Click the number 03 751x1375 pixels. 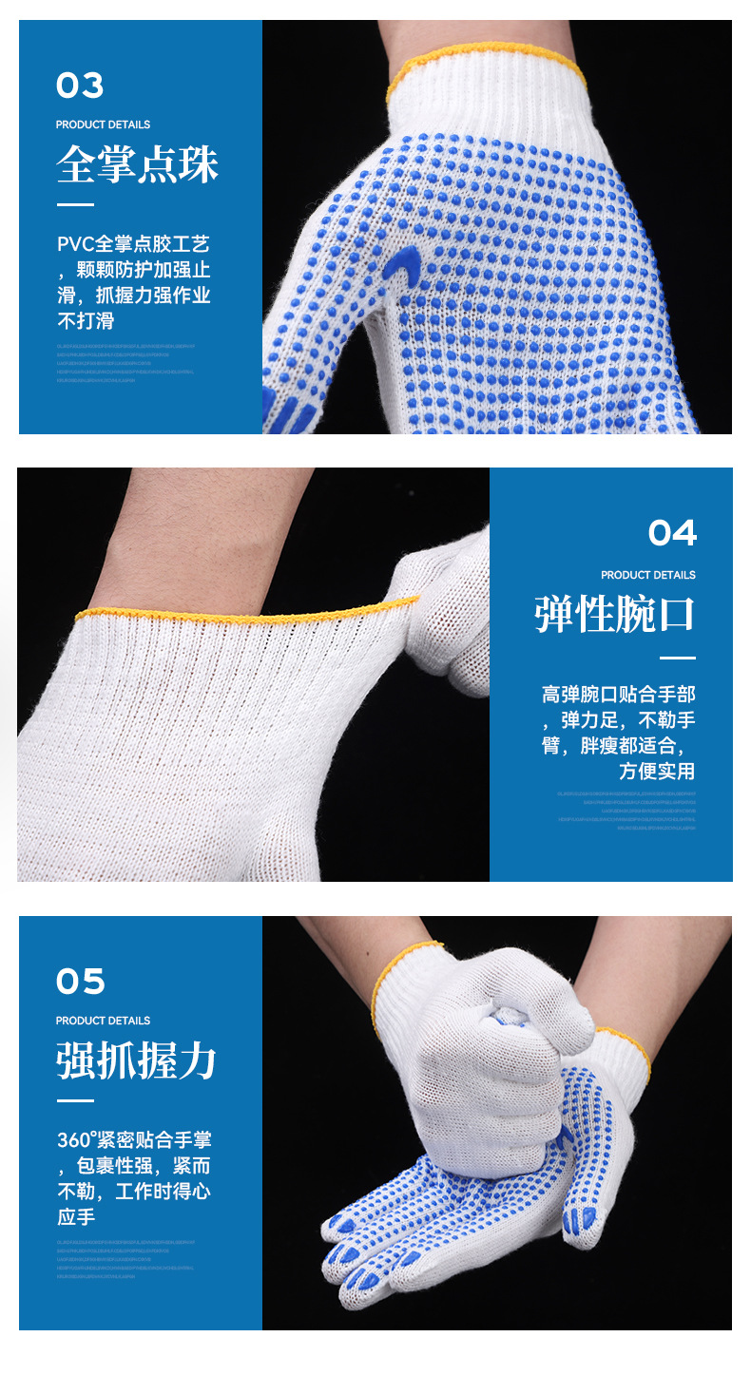(x=80, y=86)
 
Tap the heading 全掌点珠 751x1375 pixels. (x=137, y=164)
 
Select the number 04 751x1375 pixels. (x=672, y=533)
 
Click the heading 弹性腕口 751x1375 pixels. (x=614, y=615)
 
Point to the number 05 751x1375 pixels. (x=80, y=982)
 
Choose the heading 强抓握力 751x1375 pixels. (x=137, y=1060)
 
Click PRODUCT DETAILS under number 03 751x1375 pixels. (x=103, y=124)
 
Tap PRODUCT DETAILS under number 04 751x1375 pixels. (x=647, y=575)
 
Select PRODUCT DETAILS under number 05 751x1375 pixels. (x=103, y=1021)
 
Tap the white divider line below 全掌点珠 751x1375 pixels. (x=75, y=204)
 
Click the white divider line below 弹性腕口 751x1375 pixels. (x=677, y=658)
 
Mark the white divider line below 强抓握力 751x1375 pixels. (x=75, y=1100)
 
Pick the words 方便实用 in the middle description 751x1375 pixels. (x=657, y=771)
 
